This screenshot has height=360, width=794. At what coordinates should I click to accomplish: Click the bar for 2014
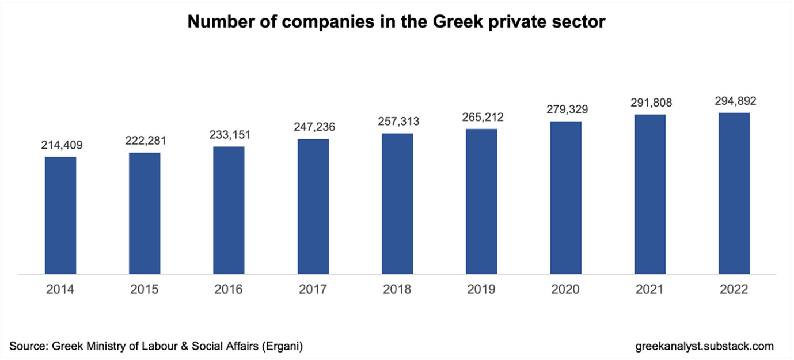click(60, 215)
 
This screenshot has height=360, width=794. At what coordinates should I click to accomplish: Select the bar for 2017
click(313, 206)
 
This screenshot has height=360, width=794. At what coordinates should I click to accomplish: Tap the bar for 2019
click(481, 201)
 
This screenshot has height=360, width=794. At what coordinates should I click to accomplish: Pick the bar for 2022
click(734, 193)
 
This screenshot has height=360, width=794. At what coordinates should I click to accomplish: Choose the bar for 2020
click(565, 197)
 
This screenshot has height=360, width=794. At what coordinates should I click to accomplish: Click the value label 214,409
click(62, 145)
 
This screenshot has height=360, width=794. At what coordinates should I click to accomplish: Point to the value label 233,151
click(230, 135)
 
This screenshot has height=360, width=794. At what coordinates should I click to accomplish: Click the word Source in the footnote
click(27, 346)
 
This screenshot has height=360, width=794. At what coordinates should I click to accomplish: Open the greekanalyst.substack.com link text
click(705, 346)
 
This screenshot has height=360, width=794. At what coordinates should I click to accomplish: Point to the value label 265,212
click(483, 118)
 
